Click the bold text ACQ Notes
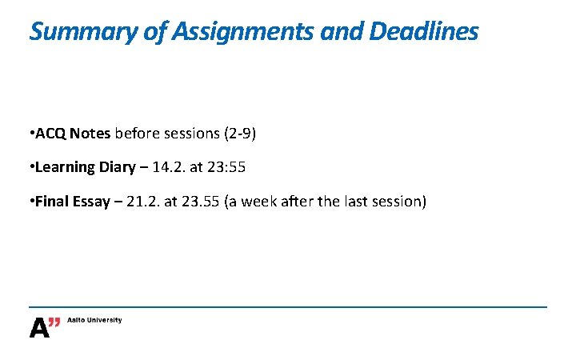coord(73,134)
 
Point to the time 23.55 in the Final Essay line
coord(206,201)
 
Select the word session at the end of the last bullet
coord(398,201)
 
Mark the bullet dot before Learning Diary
coord(30,167)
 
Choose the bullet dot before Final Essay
coord(30,201)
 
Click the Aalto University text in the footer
coord(94,320)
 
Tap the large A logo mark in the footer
coord(39,328)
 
